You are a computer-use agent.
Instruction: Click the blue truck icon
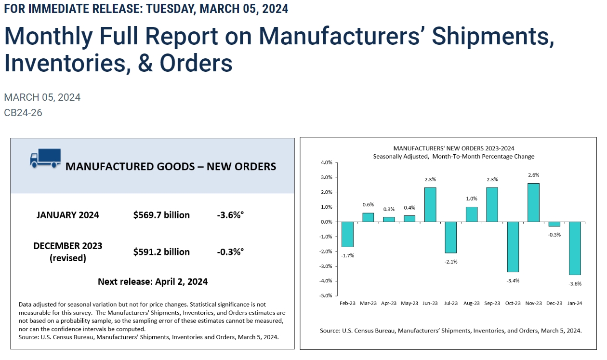click(45, 158)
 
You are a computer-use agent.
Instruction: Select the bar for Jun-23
click(430, 204)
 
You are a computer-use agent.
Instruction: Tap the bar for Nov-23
click(534, 202)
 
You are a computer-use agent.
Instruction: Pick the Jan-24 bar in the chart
click(575, 248)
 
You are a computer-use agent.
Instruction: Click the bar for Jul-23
click(451, 237)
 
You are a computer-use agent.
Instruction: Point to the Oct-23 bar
click(513, 247)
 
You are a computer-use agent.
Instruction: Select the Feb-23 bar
click(347, 234)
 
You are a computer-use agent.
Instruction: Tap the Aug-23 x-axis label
click(472, 303)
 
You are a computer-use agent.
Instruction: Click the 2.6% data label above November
click(534, 175)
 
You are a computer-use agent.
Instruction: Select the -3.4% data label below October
click(513, 280)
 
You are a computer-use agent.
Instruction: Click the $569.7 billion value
click(161, 215)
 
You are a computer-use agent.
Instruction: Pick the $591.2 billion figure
click(161, 252)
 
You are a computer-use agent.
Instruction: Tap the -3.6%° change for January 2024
click(230, 215)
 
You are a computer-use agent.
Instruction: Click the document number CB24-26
click(23, 113)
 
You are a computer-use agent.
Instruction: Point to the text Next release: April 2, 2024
click(153, 281)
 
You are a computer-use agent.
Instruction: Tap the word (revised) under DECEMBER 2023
click(68, 258)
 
